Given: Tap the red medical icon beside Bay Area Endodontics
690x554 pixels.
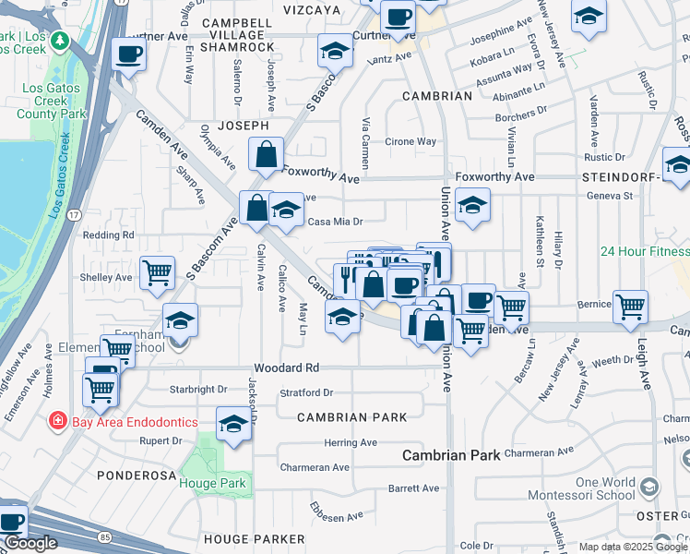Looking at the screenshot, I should [x=57, y=422].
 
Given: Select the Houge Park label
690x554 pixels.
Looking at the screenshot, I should [x=213, y=483].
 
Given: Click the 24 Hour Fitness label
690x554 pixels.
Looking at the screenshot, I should [x=644, y=251].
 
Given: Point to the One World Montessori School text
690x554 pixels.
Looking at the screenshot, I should [x=605, y=488].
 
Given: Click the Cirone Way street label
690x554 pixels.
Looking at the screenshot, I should [x=410, y=142].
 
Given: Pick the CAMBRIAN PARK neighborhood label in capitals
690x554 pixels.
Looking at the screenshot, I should [x=352, y=417].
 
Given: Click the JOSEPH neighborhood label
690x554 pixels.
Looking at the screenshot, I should [x=243, y=126].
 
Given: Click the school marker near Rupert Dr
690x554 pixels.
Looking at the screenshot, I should [x=233, y=426].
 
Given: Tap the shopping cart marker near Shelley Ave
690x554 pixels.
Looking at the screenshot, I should [x=158, y=272].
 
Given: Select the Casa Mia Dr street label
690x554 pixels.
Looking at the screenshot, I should [x=335, y=222].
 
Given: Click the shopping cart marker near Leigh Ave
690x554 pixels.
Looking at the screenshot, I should [x=630, y=306].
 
